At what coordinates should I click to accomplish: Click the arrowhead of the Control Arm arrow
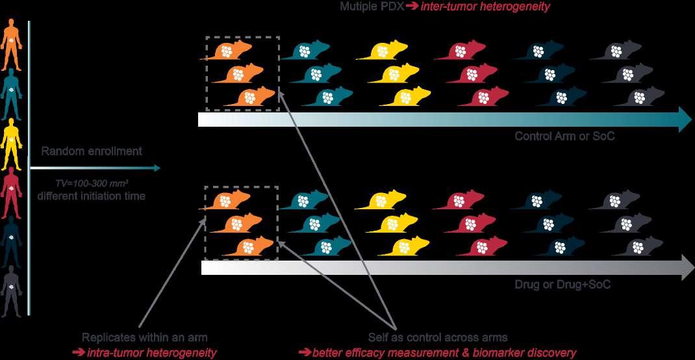point(685,120)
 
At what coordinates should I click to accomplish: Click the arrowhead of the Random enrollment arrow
point(156,168)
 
